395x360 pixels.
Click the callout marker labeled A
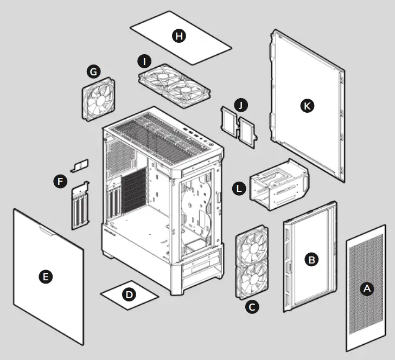[367, 289]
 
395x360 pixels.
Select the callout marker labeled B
[311, 260]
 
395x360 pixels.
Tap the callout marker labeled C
[251, 306]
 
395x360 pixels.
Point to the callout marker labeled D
[129, 294]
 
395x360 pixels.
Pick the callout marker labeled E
[47, 277]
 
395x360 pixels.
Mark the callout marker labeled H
[179, 36]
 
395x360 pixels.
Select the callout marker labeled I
[144, 61]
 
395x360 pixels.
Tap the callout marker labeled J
[241, 104]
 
